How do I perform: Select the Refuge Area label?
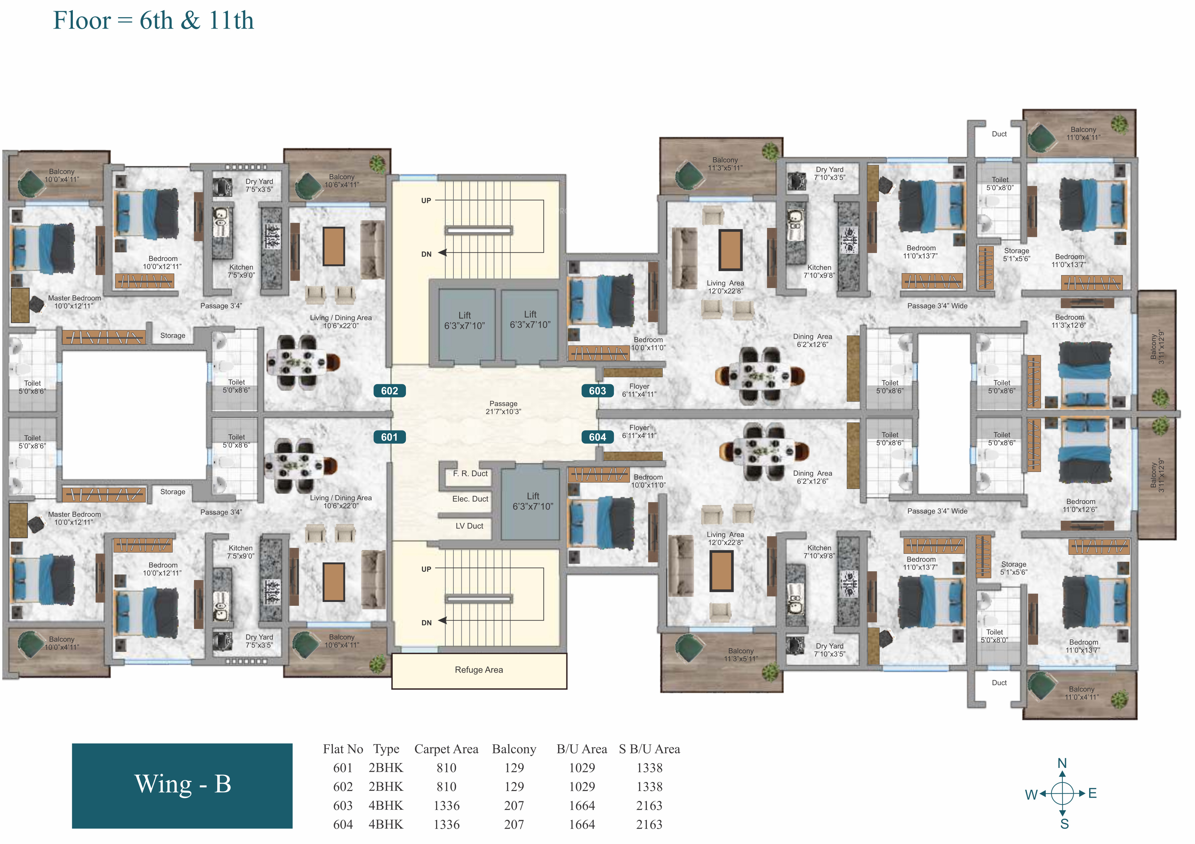(479, 670)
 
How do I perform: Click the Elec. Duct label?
(470, 499)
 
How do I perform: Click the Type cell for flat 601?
(386, 768)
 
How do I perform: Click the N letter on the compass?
(1062, 763)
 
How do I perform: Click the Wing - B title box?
(182, 785)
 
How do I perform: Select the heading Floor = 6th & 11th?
(153, 21)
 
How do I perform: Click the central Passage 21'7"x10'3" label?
(503, 407)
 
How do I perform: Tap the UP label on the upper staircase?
(426, 200)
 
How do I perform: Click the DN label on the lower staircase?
(426, 623)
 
